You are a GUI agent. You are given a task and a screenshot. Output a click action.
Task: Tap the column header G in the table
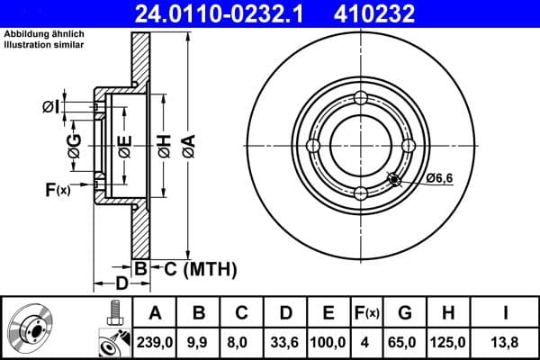pyautogui.click(x=404, y=313)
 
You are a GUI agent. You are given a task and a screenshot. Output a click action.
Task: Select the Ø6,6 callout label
pyautogui.click(x=439, y=178)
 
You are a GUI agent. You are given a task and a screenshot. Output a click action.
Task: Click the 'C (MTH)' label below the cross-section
pyautogui.click(x=194, y=267)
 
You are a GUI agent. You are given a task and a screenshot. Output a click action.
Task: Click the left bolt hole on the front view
pyautogui.click(x=313, y=146)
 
